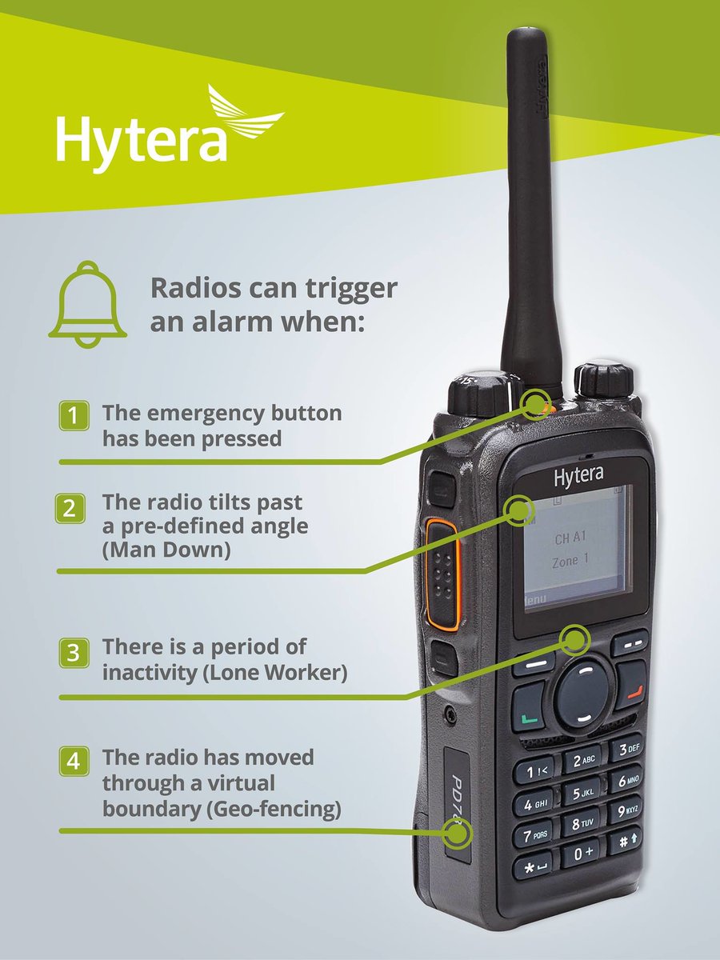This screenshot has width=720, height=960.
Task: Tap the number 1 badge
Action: click(x=74, y=415)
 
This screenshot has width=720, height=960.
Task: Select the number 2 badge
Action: click(x=70, y=509)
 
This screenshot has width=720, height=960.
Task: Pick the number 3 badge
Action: click(x=74, y=653)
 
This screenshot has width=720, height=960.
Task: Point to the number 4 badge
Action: click(x=74, y=761)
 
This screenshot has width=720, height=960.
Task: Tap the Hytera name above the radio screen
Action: click(x=578, y=476)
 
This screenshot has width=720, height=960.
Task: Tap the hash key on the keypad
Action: click(x=625, y=840)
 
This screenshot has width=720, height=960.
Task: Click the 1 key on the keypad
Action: click(x=534, y=771)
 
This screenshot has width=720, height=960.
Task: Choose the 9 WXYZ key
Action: click(x=626, y=810)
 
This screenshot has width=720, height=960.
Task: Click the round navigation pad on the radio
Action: click(x=582, y=694)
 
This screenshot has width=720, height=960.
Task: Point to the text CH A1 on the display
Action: click(x=570, y=538)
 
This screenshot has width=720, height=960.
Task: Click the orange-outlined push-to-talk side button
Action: click(x=442, y=575)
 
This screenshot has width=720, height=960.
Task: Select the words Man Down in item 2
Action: click(x=166, y=550)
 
